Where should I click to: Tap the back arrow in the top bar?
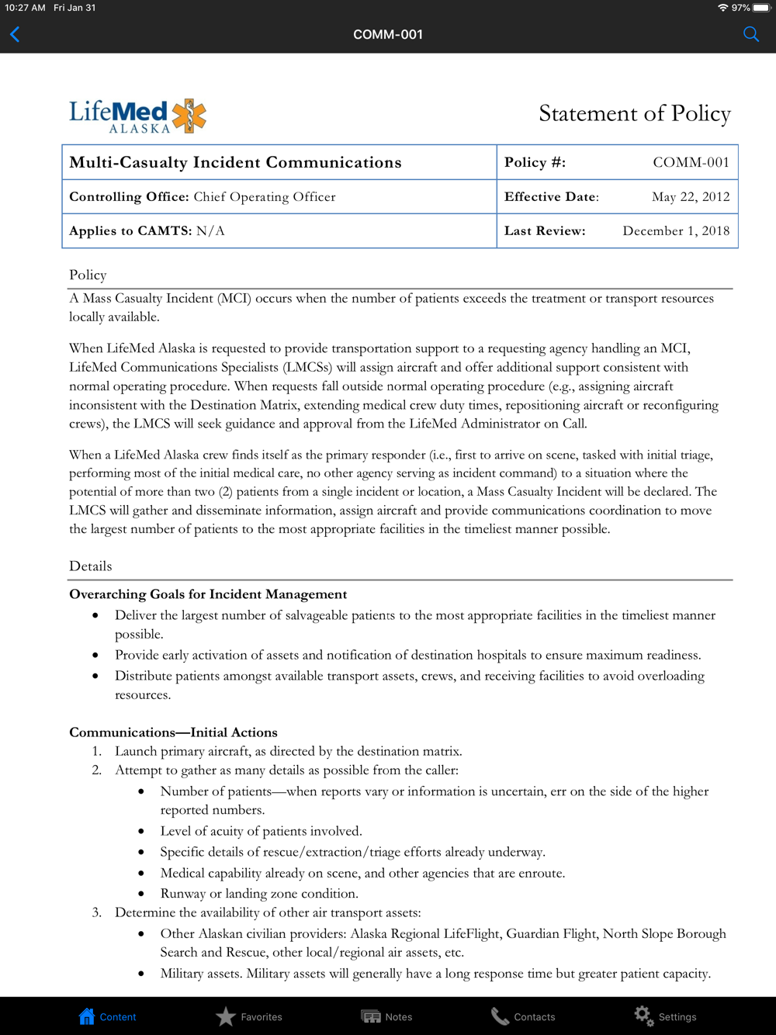pyautogui.click(x=15, y=34)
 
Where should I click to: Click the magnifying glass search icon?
pyautogui.click(x=750, y=34)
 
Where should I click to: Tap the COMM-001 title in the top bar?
pyautogui.click(x=388, y=34)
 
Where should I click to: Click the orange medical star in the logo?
pyautogui.click(x=189, y=115)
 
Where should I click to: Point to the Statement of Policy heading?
pyautogui.click(x=634, y=114)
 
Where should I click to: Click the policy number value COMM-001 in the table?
pyautogui.click(x=691, y=162)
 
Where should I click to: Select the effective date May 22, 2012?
pyautogui.click(x=691, y=197)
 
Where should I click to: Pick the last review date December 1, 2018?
pyautogui.click(x=676, y=231)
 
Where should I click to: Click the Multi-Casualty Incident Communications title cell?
pyautogui.click(x=235, y=162)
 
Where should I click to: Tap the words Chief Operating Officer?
pyautogui.click(x=265, y=197)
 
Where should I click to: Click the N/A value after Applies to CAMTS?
pyautogui.click(x=210, y=231)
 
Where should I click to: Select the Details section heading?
pyautogui.click(x=90, y=566)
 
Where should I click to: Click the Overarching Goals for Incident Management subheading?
pyautogui.click(x=208, y=594)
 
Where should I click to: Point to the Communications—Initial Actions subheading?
pyautogui.click(x=173, y=732)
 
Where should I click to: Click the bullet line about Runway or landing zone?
pyautogui.click(x=259, y=894)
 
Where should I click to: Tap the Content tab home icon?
pyautogui.click(x=87, y=1016)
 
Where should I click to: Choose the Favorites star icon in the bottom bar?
pyautogui.click(x=226, y=1016)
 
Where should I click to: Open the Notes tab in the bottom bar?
pyautogui.click(x=386, y=1016)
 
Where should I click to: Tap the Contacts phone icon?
pyautogui.click(x=500, y=1016)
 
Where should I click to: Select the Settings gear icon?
pyautogui.click(x=643, y=1016)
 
